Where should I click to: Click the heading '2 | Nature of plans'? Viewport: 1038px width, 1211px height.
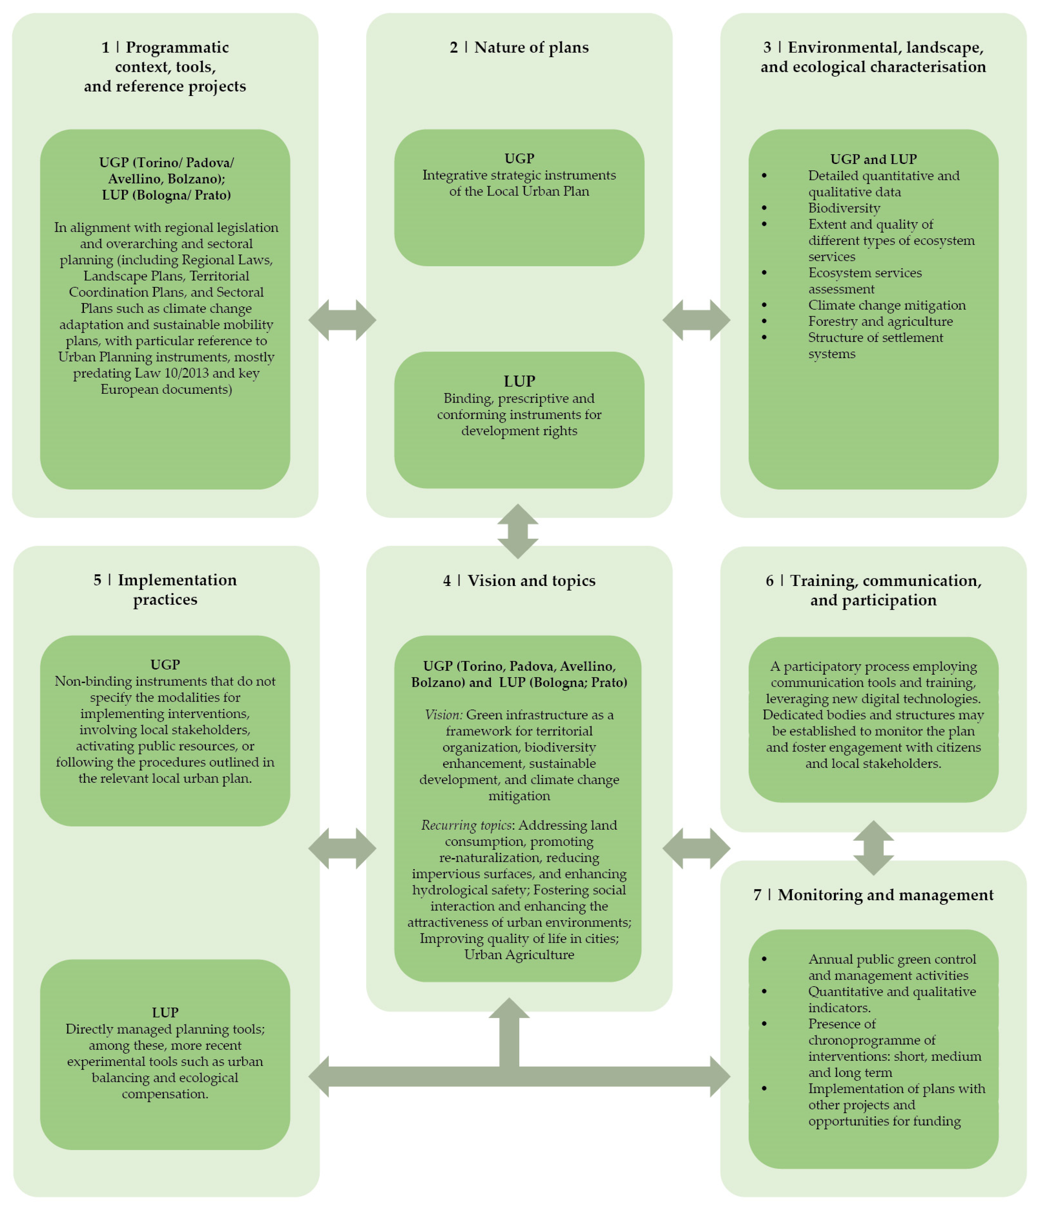519,47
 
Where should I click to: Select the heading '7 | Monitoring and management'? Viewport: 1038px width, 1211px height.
873,895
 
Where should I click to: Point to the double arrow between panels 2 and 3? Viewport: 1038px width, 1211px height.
696,320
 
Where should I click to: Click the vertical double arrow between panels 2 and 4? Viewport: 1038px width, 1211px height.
518,531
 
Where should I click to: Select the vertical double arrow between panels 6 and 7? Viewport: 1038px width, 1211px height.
873,848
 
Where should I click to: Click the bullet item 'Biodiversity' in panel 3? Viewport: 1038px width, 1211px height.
843,208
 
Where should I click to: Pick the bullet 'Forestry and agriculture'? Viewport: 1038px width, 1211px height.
880,322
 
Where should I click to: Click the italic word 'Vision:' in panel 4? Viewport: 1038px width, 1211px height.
444,715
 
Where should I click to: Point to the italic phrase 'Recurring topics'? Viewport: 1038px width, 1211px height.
466,825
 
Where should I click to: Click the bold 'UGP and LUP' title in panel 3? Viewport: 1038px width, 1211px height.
873,159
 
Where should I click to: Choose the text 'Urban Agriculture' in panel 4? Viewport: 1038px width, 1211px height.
519,955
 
